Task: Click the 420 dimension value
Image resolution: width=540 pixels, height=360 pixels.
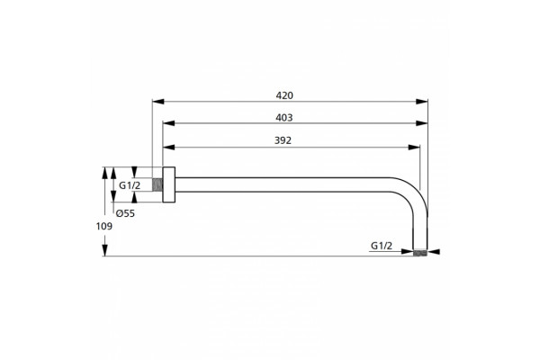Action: tap(284, 95)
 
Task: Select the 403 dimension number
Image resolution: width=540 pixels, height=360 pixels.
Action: tap(284, 118)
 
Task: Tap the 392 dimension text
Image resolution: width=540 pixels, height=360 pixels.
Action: tap(283, 140)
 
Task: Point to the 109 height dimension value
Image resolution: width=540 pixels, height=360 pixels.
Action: tap(104, 226)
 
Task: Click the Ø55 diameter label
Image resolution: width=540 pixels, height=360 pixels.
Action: tap(125, 213)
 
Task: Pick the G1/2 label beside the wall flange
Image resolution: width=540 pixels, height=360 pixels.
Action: tap(130, 185)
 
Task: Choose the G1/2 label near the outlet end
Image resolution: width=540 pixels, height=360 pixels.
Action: tap(382, 246)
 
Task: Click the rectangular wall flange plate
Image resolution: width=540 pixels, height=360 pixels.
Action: tap(169, 184)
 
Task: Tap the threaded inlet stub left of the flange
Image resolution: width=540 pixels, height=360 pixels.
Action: tap(157, 184)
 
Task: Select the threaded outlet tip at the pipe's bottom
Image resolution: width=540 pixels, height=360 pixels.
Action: tap(420, 253)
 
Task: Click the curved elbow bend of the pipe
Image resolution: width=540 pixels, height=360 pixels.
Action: tap(413, 195)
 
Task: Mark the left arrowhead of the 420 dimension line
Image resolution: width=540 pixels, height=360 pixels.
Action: tap(157, 102)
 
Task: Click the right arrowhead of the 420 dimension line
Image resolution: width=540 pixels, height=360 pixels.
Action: tap(422, 102)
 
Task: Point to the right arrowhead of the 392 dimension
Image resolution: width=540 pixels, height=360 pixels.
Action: tap(414, 148)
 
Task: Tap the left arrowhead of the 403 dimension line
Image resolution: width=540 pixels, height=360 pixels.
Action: tap(169, 123)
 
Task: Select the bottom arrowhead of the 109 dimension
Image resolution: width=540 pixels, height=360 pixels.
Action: tap(105, 250)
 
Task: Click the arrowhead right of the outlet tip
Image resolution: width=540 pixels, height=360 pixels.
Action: tap(434, 252)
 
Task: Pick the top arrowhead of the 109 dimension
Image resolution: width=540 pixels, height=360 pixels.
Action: tap(105, 173)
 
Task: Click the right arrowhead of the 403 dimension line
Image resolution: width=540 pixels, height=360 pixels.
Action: tap(422, 123)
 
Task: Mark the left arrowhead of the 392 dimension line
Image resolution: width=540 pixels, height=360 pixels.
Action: tap(169, 148)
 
